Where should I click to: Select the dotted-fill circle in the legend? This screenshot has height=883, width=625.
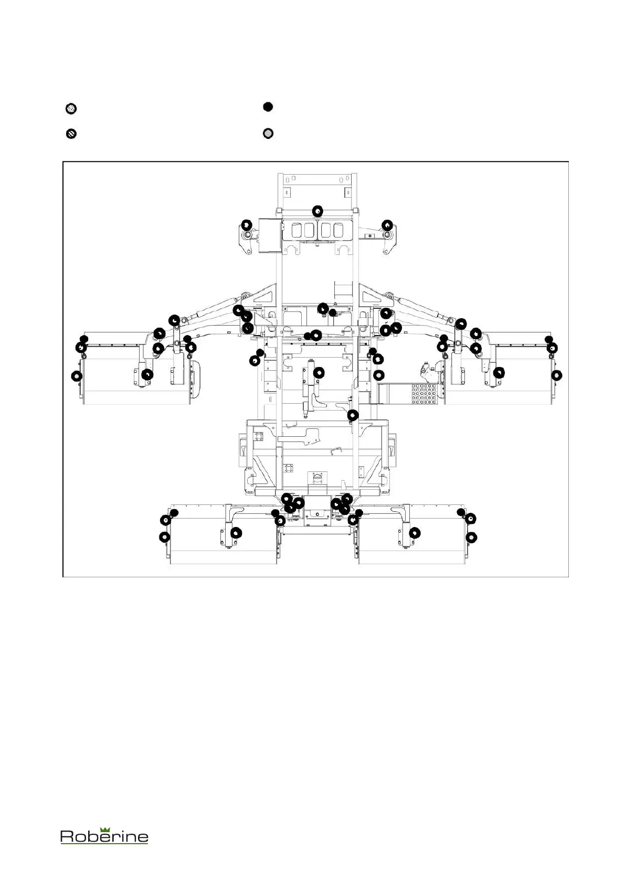point(71,109)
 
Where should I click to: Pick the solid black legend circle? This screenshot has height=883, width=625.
point(268,107)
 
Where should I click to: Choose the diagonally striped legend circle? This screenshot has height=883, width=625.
point(71,134)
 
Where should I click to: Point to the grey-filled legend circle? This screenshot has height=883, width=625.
point(268,134)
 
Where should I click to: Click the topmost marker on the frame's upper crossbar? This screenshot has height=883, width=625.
point(317,211)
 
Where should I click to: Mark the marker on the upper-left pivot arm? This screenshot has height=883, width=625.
point(246,224)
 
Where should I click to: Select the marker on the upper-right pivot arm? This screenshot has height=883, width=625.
point(387,224)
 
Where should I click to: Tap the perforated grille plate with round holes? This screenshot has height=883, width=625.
point(425,394)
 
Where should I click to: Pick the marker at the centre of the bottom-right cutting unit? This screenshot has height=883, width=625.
point(415,533)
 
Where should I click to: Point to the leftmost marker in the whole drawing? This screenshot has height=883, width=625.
point(77,376)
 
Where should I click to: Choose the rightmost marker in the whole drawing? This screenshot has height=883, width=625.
point(557,375)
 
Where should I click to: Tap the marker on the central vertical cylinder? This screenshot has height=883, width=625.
point(319,372)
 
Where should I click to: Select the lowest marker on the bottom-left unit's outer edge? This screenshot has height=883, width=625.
point(165,537)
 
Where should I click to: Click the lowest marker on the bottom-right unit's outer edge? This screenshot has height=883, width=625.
point(471,537)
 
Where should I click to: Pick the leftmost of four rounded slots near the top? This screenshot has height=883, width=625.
point(295,230)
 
